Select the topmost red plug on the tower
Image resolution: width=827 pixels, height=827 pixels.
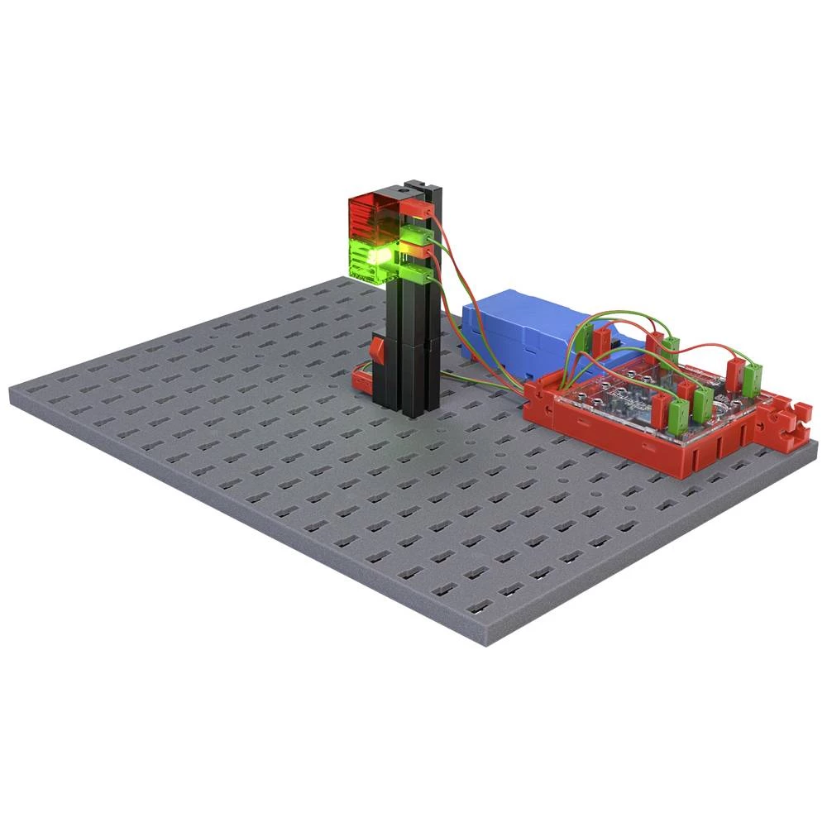click(x=418, y=212)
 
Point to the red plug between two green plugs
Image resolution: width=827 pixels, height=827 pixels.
click(x=419, y=247)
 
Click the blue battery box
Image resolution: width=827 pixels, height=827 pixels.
click(x=513, y=327)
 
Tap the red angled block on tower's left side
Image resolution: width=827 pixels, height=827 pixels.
click(x=378, y=351)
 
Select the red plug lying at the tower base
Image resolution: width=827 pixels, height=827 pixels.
click(x=361, y=379)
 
